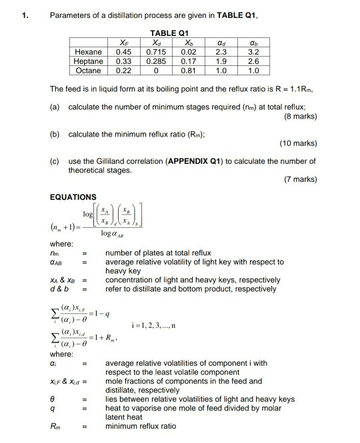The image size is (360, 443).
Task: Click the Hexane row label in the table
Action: pos(88,51)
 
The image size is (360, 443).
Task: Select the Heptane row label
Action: pos(88,61)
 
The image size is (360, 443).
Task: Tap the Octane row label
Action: pos(88,70)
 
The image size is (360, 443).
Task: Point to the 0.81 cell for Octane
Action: pos(188,70)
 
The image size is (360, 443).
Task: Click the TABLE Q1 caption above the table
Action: pos(171,32)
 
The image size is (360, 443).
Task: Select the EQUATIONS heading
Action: pos(73,197)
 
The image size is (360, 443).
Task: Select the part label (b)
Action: pos(55,133)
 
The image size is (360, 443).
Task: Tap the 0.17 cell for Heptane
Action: pos(188,61)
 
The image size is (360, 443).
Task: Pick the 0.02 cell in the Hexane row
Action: pos(188,51)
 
